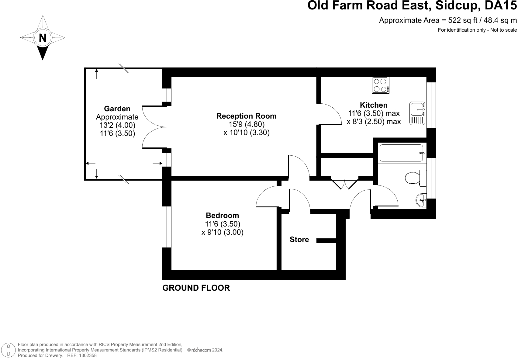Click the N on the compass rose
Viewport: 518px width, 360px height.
(43, 38)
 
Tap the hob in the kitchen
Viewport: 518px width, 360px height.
(381, 85)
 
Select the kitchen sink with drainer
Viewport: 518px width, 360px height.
(417, 113)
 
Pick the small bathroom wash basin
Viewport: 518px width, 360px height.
(421, 200)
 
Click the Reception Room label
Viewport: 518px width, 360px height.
(246, 116)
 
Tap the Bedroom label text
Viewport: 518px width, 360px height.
(222, 215)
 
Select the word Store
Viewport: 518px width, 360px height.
(299, 240)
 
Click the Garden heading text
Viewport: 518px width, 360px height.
(117, 109)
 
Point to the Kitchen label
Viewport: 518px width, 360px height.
(374, 105)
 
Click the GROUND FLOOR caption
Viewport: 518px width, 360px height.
(196, 288)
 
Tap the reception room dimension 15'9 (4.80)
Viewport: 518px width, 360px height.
(247, 124)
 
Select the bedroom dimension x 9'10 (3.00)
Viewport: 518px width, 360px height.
(222, 232)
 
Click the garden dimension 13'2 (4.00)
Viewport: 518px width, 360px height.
(117, 125)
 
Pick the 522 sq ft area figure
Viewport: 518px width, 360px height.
(463, 20)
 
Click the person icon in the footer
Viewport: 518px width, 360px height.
(9, 350)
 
